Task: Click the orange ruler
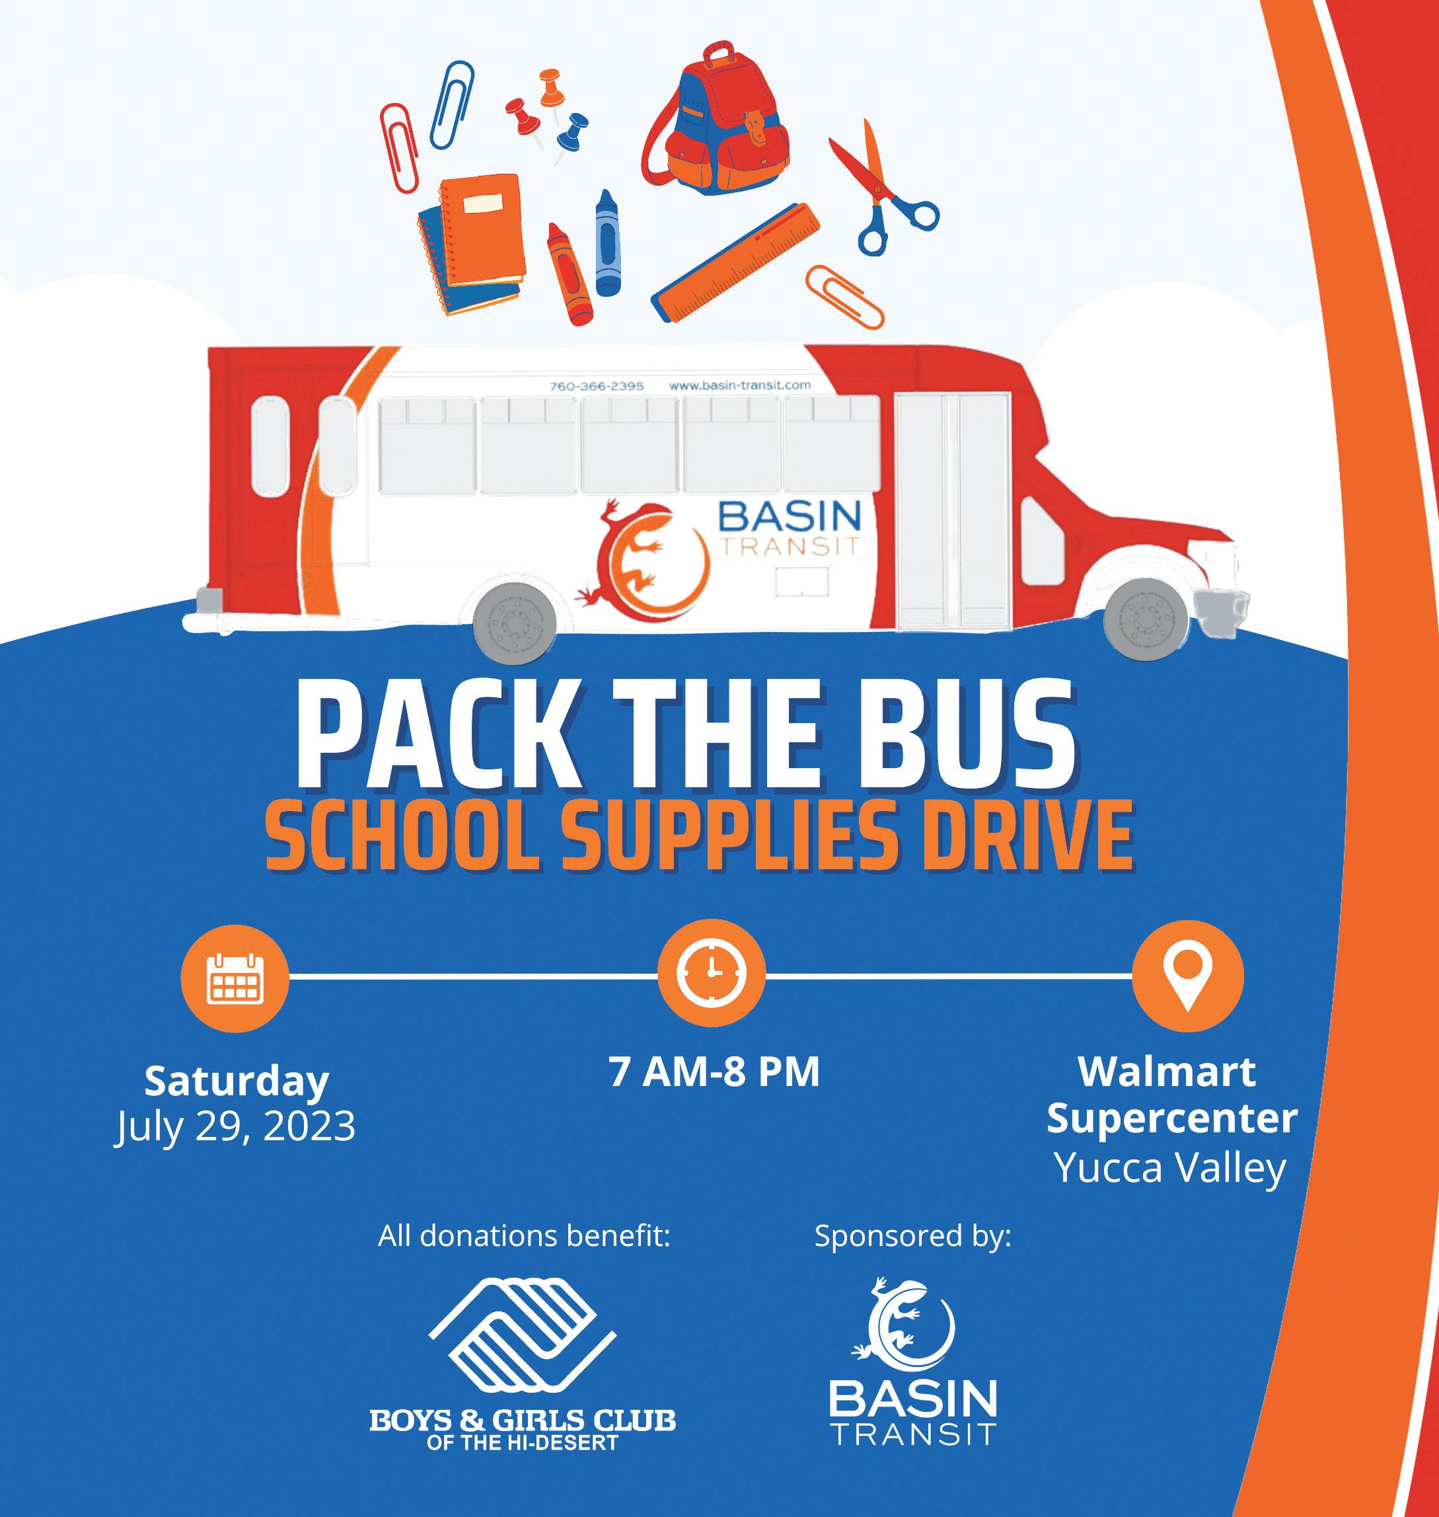pyautogui.click(x=735, y=262)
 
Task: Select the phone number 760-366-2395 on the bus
pyautogui.click(x=597, y=386)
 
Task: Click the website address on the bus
pyautogui.click(x=740, y=385)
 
